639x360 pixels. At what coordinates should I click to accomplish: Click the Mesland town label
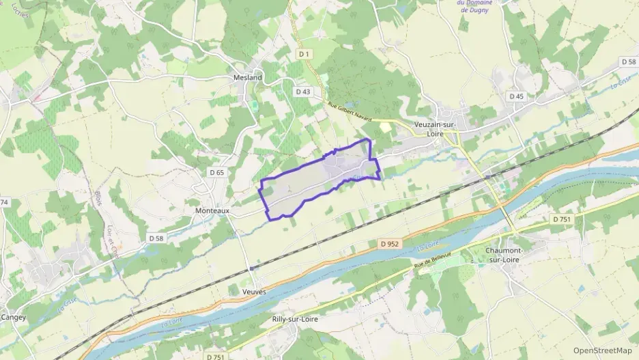248,78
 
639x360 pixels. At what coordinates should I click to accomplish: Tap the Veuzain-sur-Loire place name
439,129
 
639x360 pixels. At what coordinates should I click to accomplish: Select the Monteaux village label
212,212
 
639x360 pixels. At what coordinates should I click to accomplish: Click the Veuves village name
254,292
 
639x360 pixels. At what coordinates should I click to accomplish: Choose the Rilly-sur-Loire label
296,319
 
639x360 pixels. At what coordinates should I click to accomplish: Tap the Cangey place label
13,317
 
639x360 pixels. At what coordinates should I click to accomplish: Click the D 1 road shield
304,54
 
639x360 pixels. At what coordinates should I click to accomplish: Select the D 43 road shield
303,92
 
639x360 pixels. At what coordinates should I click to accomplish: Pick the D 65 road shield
216,173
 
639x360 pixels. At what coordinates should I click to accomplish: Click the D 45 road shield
516,96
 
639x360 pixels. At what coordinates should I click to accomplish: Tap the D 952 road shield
387,243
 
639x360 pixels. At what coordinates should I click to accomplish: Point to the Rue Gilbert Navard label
350,113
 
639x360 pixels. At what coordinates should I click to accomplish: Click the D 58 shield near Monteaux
156,238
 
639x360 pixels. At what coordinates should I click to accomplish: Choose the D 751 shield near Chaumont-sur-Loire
560,219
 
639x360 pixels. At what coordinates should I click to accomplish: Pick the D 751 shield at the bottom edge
215,356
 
